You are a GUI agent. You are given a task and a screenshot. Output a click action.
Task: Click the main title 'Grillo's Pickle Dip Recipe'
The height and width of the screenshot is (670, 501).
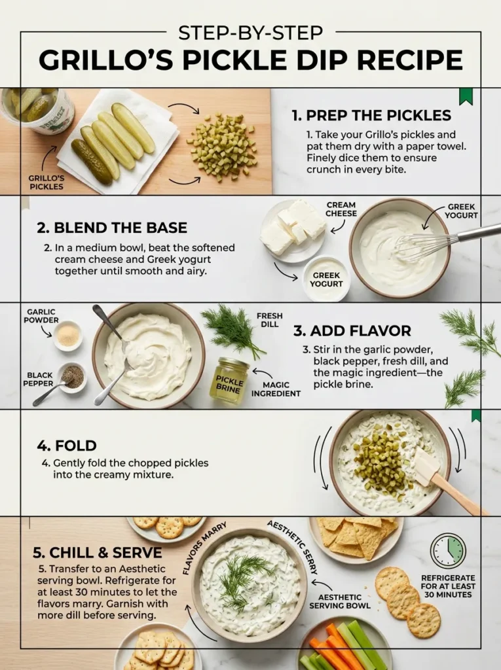coord(251,60)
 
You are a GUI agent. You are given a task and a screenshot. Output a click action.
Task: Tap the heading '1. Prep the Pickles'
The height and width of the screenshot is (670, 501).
coord(371,116)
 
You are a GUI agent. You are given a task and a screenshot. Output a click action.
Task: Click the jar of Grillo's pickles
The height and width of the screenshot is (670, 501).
coord(39,109)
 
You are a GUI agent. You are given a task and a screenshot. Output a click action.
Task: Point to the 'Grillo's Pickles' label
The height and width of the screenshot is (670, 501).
coord(46,182)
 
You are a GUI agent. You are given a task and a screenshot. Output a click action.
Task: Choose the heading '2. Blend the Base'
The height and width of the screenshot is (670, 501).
coord(112,228)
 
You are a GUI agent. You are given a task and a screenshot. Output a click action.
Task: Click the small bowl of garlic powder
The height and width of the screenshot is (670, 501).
coord(67,334)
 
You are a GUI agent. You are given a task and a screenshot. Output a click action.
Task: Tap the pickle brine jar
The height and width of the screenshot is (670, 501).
coord(229,379)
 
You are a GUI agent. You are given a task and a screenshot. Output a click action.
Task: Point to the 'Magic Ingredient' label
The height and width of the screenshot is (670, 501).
coord(276,389)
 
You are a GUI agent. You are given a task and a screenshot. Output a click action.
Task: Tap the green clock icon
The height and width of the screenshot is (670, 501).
coord(448,551)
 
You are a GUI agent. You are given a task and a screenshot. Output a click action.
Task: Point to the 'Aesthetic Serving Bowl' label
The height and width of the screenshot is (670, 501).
coord(344,601)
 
